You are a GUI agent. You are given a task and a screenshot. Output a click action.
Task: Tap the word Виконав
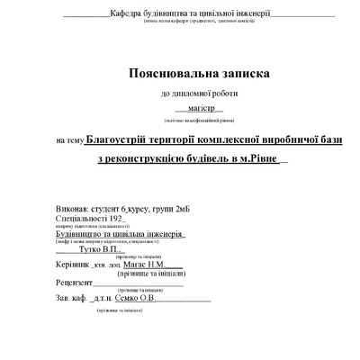click(x=72, y=208)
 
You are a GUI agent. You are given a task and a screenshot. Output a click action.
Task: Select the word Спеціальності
click(x=79, y=219)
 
